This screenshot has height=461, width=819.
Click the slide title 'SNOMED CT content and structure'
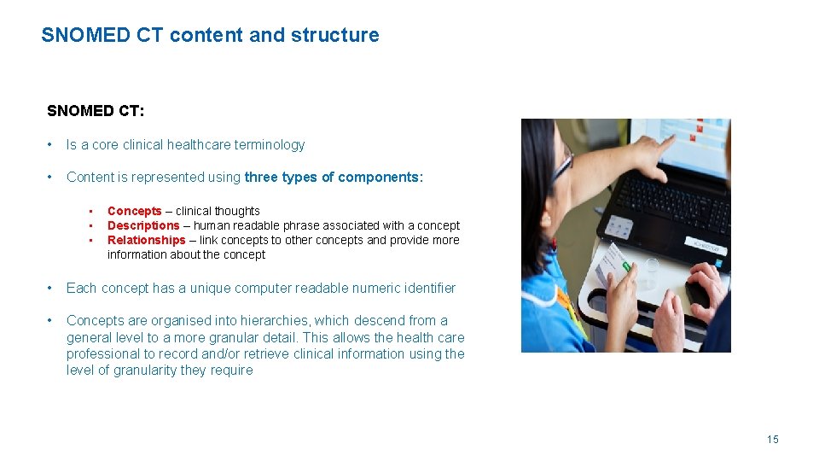(x=210, y=35)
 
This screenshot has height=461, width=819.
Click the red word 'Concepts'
(x=134, y=211)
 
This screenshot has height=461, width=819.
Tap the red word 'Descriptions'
(x=143, y=225)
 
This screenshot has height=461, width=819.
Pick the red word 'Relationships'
(x=146, y=240)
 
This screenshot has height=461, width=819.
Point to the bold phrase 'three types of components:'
(x=334, y=178)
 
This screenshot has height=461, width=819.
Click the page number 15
(x=772, y=440)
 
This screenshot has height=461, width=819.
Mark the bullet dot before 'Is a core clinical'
(x=52, y=145)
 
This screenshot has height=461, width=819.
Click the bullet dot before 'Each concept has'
(x=52, y=289)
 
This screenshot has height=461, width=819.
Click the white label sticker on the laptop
(x=707, y=247)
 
